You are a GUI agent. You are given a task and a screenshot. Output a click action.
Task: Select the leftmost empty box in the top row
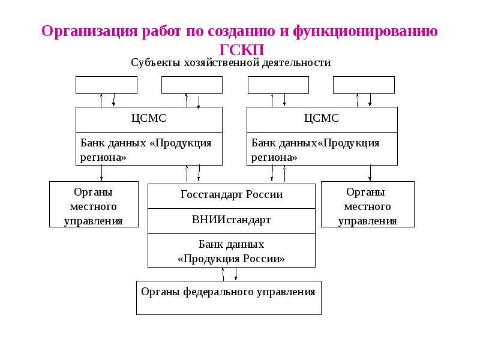(98, 85)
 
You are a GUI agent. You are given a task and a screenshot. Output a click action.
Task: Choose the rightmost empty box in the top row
(364, 85)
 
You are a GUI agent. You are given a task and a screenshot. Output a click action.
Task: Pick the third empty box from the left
(278, 85)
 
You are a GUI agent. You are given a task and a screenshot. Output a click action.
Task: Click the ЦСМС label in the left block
(149, 118)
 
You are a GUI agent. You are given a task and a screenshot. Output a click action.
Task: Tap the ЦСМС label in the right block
(322, 118)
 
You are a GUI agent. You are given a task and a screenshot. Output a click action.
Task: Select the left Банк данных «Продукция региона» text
(146, 149)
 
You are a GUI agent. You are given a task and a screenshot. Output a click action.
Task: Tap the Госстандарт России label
(231, 195)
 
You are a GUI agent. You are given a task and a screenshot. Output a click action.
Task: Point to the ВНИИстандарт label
(231, 220)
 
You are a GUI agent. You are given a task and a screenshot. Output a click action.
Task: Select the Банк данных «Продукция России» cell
(231, 251)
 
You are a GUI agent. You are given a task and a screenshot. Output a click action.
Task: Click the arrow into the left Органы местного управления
(101, 173)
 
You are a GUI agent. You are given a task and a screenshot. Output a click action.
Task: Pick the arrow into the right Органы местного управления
(370, 173)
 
